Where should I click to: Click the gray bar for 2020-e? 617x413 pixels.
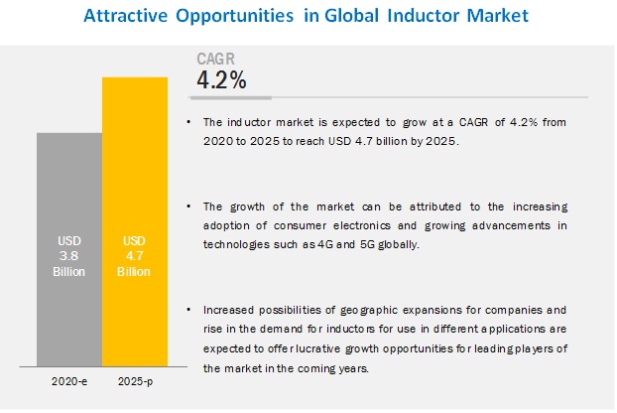[68, 248]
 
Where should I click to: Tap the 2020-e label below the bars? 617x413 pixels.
[68, 380]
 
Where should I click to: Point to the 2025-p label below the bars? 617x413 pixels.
[135, 380]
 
